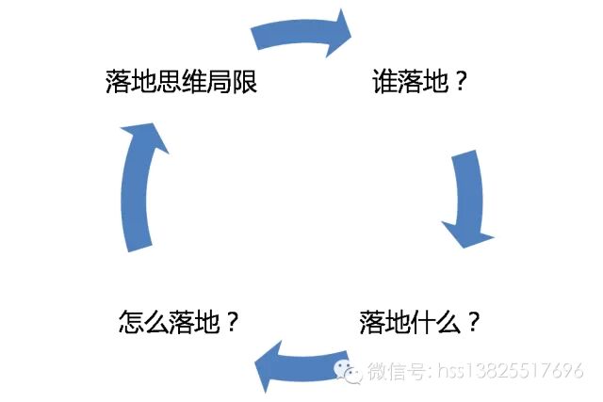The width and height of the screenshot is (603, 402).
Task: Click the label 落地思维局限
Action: tap(182, 83)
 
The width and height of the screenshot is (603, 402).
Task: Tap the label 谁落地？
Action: tap(420, 83)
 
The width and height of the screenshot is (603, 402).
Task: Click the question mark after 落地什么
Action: tap(473, 323)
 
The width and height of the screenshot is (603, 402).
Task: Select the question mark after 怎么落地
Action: tap(230, 323)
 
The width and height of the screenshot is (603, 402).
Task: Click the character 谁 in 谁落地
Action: tap(385, 83)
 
